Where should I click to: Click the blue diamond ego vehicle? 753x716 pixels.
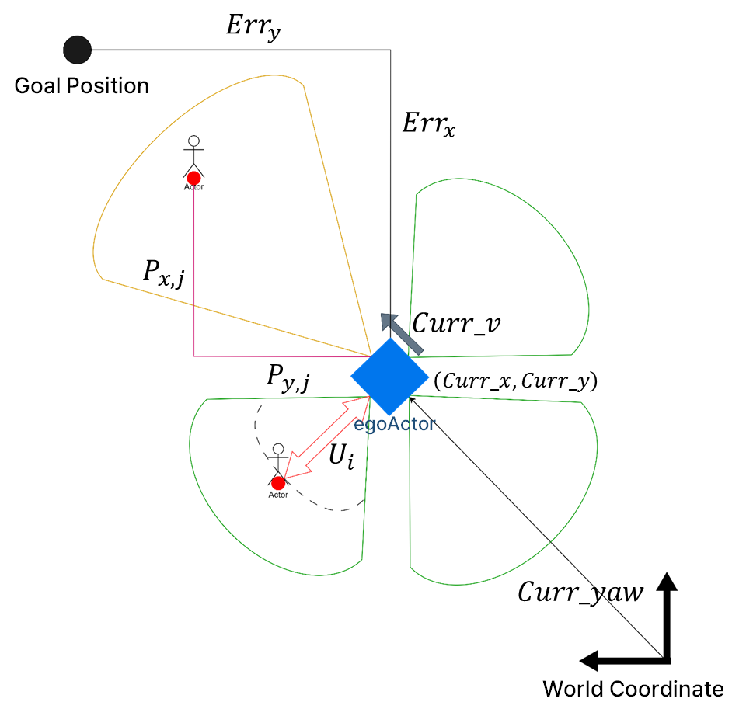tap(389, 377)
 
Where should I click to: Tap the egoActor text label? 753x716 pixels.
tap(394, 424)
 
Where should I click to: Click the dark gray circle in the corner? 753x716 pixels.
tap(77, 50)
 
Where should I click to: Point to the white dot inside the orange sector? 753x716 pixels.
tap(193, 141)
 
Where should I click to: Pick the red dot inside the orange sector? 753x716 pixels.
tap(193, 178)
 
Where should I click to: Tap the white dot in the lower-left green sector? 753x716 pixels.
tap(278, 449)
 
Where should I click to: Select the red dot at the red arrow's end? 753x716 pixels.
tap(278, 484)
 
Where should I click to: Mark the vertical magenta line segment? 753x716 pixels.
tap(193, 272)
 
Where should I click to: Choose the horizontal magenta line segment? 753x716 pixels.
tap(280, 356)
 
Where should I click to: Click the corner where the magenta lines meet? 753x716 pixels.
tap(193, 356)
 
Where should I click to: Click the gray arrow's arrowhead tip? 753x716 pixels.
tap(382, 315)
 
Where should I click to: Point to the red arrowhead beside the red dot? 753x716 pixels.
tap(291, 470)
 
